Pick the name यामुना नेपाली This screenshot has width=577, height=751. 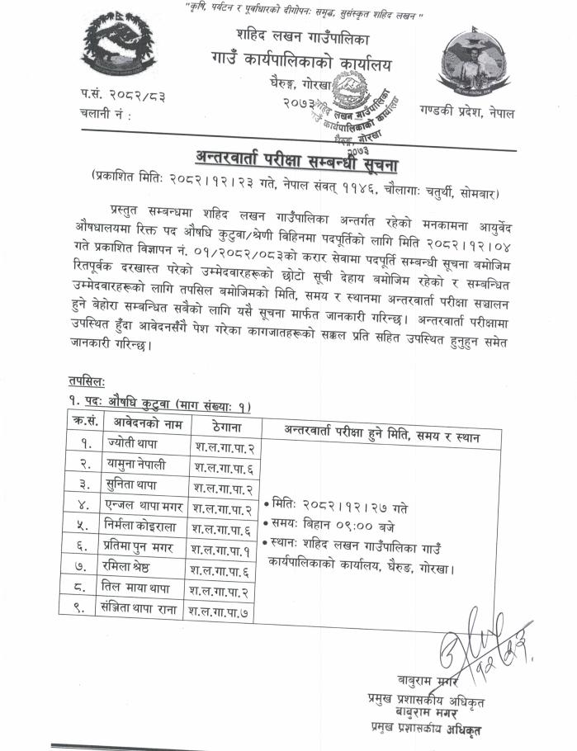click(137, 465)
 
